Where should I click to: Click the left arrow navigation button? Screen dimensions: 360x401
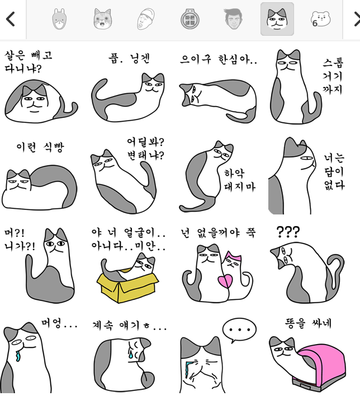[10, 19]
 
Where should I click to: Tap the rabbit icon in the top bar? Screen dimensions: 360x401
[59, 19]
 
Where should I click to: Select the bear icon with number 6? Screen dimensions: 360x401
[320, 19]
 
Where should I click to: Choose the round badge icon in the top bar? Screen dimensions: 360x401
[190, 19]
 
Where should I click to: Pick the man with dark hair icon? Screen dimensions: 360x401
[233, 19]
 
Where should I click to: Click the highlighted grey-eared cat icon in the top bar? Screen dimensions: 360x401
[277, 19]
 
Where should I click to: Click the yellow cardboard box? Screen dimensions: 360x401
[127, 286]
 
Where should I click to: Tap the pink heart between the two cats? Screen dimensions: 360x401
[225, 281]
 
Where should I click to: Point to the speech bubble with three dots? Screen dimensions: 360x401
[239, 330]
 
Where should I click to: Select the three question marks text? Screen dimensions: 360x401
[288, 232]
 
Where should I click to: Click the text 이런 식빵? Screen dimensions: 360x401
[40, 147]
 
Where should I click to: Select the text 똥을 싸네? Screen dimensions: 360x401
[308, 323]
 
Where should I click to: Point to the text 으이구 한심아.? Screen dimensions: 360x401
[219, 59]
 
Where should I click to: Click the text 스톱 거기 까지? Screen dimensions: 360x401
[333, 76]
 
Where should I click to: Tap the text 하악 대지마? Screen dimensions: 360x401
[240, 180]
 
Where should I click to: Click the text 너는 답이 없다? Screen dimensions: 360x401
[334, 171]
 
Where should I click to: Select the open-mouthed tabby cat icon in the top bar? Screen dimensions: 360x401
[102, 19]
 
